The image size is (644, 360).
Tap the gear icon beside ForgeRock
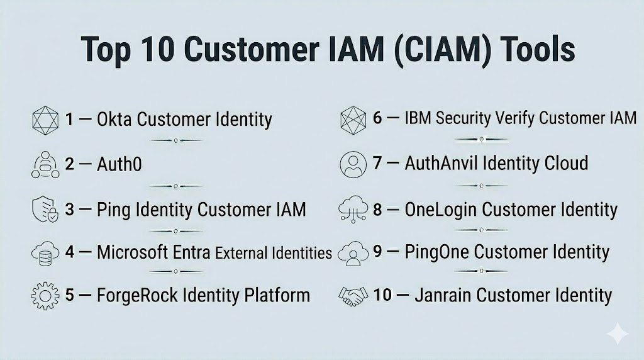pyautogui.click(x=45, y=295)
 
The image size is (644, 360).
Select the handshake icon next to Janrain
pyautogui.click(x=353, y=295)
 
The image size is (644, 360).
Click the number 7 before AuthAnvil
pyautogui.click(x=377, y=164)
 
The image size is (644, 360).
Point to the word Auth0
pyautogui.click(x=119, y=165)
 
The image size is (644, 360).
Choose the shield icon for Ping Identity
pyautogui.click(x=45, y=208)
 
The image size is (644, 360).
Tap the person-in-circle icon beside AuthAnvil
pyautogui.click(x=353, y=164)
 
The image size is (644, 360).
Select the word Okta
pyautogui.click(x=114, y=119)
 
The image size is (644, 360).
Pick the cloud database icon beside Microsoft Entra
pyautogui.click(x=45, y=252)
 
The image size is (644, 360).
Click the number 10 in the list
pyautogui.click(x=383, y=295)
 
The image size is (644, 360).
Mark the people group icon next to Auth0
pyautogui.click(x=45, y=165)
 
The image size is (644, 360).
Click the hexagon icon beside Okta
pyautogui.click(x=45, y=120)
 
